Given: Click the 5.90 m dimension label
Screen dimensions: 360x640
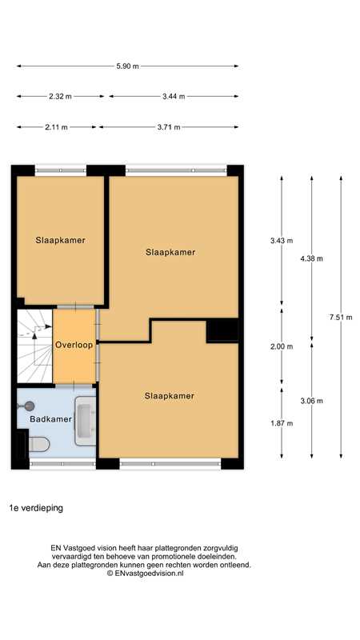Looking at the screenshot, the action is [127, 66].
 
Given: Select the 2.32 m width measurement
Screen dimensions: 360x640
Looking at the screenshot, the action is [60, 96].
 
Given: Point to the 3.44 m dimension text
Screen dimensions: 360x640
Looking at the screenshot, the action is [174, 96].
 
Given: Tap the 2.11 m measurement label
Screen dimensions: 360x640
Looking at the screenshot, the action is [56, 127].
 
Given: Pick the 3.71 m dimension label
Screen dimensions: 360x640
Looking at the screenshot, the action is [169, 127].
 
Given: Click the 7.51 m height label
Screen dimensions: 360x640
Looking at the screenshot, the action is [341, 317].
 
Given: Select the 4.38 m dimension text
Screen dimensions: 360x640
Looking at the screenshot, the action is [311, 258].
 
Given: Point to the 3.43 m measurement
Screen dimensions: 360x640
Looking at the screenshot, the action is [282, 241].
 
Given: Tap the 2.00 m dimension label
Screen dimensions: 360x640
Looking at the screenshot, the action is [282, 346].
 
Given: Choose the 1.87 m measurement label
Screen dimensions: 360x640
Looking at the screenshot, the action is [282, 423].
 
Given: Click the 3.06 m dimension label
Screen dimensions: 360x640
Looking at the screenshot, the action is [311, 401].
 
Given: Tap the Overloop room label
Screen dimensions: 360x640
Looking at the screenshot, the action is [74, 345].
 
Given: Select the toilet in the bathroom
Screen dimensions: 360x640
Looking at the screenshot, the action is [38, 444].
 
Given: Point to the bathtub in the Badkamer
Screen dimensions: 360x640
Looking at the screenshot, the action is [86, 421].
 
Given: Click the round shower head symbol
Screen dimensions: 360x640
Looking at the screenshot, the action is [29, 406].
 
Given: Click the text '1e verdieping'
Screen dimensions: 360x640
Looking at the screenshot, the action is [36, 508].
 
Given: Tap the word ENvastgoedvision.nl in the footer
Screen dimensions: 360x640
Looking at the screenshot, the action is [150, 573].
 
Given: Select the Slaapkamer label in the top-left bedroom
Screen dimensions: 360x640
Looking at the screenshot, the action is [61, 240].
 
